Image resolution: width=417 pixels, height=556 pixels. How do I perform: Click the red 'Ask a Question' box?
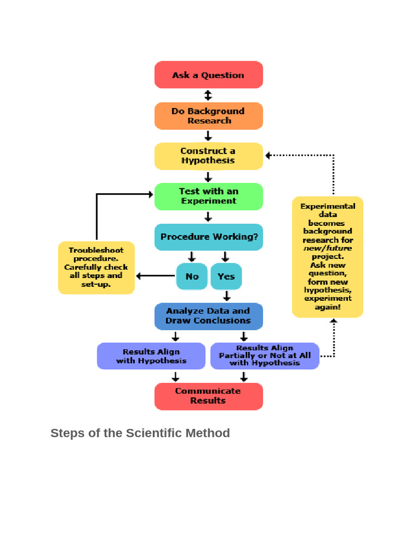point(208,75)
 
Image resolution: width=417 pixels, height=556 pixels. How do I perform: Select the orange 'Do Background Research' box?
point(208,116)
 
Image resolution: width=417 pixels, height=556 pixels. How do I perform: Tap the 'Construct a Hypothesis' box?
point(208,156)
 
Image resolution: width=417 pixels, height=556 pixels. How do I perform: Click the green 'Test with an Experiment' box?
point(208,196)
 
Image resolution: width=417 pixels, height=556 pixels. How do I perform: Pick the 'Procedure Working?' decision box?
point(208,237)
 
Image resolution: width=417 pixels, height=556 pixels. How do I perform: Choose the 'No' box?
point(192,276)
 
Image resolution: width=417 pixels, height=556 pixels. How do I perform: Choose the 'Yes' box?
point(226,276)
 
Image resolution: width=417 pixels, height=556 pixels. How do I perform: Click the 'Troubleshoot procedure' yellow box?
point(96,267)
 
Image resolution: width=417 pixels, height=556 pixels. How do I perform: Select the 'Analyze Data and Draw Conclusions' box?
point(208,316)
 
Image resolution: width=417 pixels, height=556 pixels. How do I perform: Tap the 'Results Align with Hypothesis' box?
point(151,356)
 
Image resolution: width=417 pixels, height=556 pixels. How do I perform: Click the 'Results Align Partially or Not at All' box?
point(264,356)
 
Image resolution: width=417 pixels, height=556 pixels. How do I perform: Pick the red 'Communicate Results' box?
point(208,396)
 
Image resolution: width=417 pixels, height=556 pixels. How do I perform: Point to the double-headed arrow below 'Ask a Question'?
point(208,96)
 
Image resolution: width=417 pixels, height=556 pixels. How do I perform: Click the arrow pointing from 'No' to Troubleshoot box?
point(155,276)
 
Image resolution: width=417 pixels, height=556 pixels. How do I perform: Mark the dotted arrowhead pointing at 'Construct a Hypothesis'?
point(268,155)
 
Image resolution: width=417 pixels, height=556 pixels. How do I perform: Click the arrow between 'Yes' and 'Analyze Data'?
point(226,296)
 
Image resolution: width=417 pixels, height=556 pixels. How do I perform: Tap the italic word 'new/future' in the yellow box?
point(327,248)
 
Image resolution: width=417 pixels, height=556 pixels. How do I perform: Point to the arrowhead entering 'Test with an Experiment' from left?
point(150,194)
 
